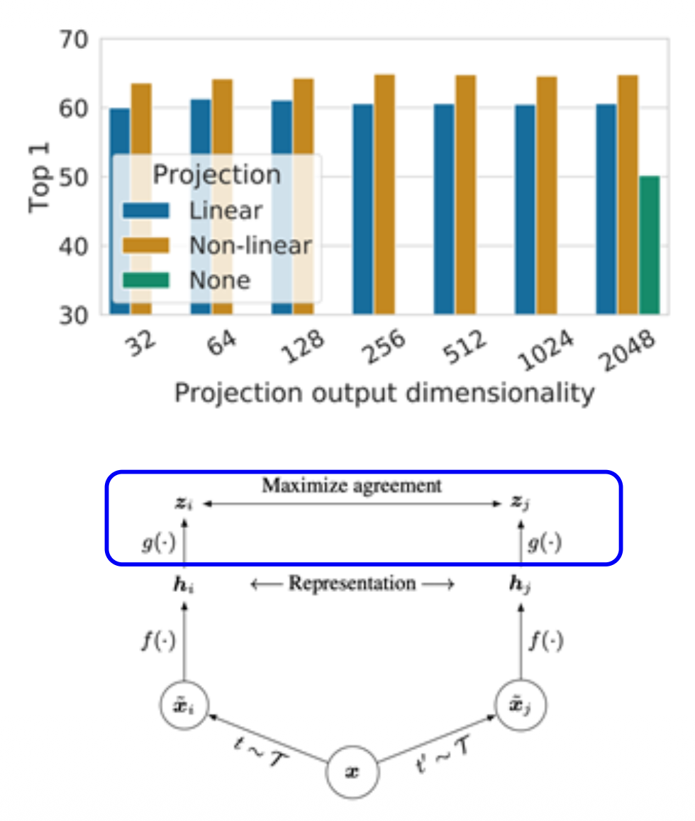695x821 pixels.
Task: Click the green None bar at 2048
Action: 649,245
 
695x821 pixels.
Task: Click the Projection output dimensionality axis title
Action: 384,394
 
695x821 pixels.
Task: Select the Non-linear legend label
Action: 250,245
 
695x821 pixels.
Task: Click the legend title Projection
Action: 216,174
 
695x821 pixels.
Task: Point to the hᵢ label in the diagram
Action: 184,584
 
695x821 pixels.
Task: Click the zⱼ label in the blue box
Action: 521,504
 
